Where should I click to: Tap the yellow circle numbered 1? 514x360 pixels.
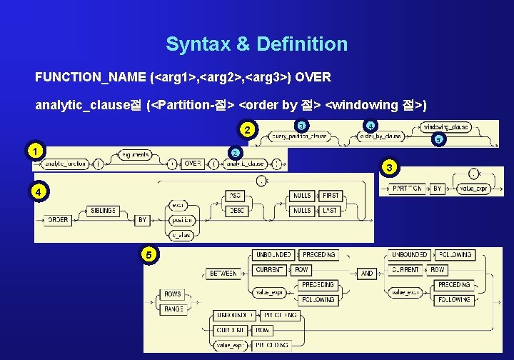[x=33, y=151]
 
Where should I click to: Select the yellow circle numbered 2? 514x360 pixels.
[x=247, y=130]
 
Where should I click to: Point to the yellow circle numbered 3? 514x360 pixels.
[x=388, y=168]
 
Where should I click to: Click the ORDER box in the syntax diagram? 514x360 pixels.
[x=58, y=220]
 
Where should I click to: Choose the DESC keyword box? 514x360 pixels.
[x=236, y=211]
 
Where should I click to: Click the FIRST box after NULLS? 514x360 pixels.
[x=330, y=196]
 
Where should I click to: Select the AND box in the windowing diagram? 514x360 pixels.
[x=367, y=274]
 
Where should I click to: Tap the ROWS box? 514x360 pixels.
[x=173, y=294]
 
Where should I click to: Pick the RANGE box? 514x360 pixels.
[x=173, y=309]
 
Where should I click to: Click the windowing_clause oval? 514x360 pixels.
[x=446, y=126]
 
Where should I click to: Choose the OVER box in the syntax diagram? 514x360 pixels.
[x=193, y=164]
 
